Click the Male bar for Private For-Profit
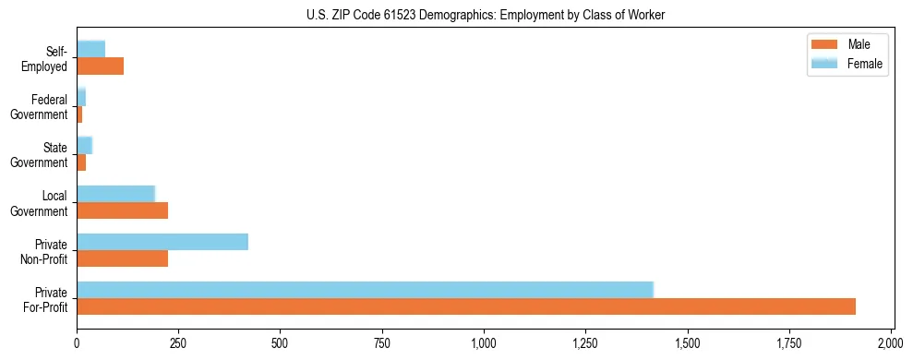point(466,306)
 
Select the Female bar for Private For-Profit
point(365,290)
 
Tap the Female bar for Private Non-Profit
point(162,242)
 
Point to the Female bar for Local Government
point(115,194)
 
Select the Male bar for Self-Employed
point(100,66)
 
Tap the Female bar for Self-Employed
point(90,49)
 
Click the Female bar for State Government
point(84,145)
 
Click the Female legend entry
point(846,64)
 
